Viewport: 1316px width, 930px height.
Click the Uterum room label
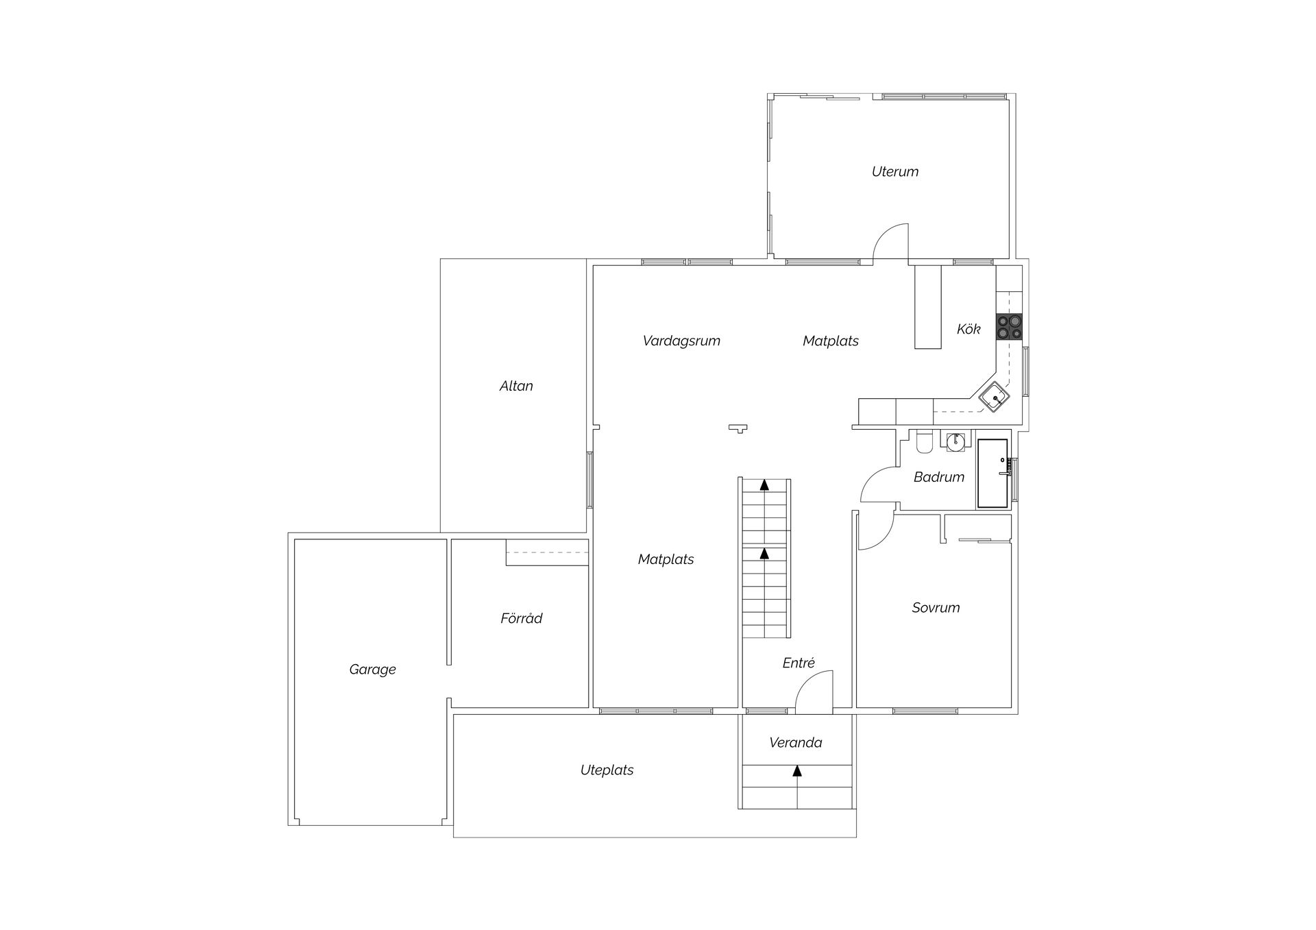point(894,172)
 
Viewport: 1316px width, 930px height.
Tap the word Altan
point(516,386)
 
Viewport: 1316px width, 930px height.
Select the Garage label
point(372,670)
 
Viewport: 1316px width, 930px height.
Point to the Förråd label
point(521,619)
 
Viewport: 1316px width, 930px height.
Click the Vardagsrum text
point(681,341)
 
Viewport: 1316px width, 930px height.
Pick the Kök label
point(968,329)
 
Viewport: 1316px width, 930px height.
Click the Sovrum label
point(936,608)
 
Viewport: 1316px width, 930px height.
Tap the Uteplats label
point(607,770)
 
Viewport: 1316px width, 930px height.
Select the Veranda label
point(795,743)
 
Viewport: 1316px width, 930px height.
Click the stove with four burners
point(1009,327)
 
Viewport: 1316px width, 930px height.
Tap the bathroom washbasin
point(955,441)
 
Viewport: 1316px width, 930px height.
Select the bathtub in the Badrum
point(992,474)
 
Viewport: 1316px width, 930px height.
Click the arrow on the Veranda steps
point(796,771)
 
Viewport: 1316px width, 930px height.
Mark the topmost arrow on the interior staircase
point(764,485)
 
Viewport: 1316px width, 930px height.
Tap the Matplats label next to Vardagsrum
point(830,341)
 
